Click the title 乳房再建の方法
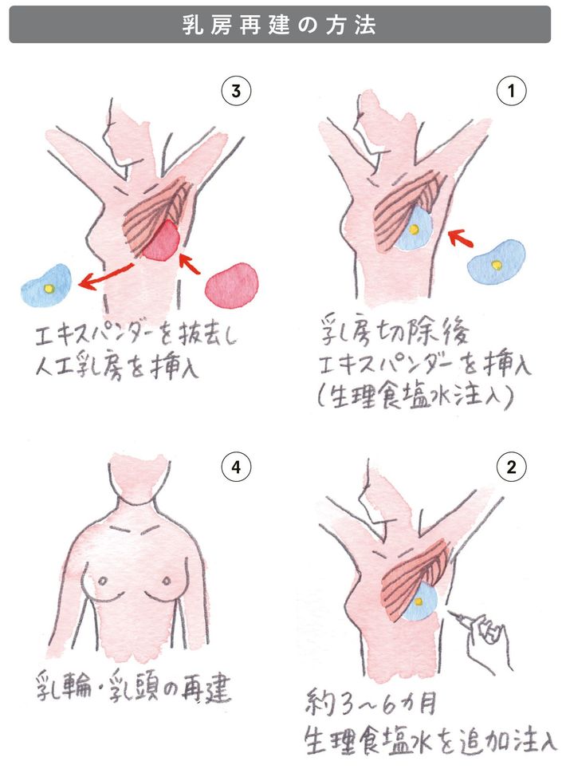(x=279, y=25)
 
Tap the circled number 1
(x=511, y=91)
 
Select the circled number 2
(x=511, y=467)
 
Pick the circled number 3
(x=236, y=91)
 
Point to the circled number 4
(x=236, y=467)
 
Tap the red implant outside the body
(x=232, y=286)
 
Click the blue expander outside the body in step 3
(x=46, y=286)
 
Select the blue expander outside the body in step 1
(x=496, y=262)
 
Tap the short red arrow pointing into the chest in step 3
(x=191, y=264)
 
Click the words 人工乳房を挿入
(x=117, y=366)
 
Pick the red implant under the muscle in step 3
(x=161, y=241)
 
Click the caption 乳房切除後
(x=394, y=331)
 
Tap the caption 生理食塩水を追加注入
(x=430, y=741)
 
